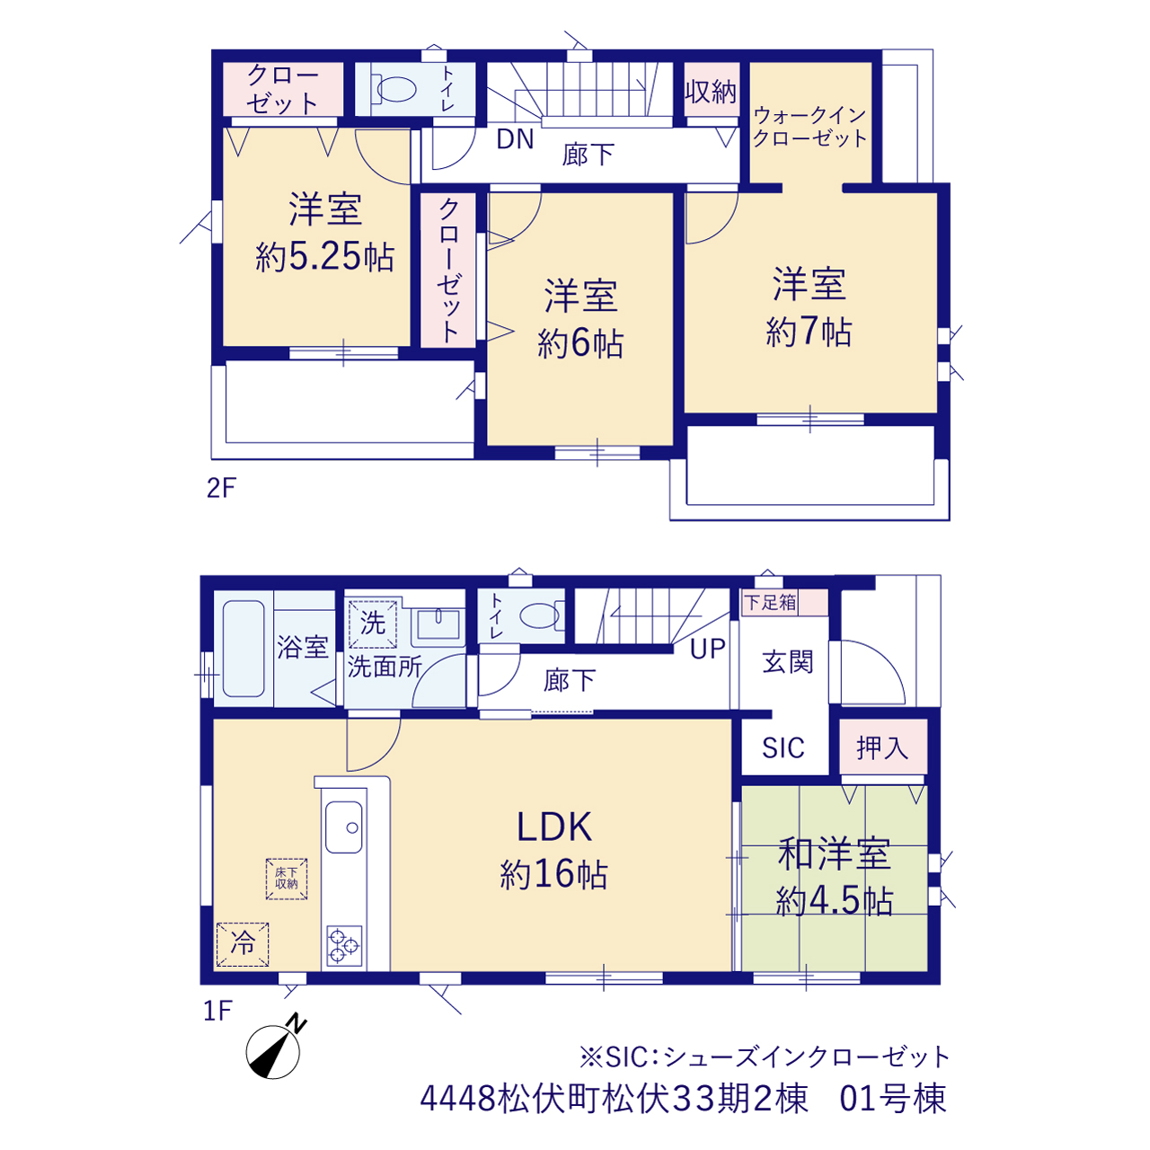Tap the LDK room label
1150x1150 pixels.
click(553, 827)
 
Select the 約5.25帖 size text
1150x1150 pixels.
click(324, 257)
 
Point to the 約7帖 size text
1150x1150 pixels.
click(809, 332)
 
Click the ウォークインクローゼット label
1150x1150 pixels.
click(809, 127)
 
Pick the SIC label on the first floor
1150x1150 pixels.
click(783, 747)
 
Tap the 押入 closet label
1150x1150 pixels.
click(882, 747)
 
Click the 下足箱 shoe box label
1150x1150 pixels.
click(770, 602)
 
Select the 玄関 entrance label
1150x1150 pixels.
click(788, 662)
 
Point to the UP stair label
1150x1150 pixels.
click(708, 650)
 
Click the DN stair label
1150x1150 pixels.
click(515, 139)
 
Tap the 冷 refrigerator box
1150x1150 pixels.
click(243, 944)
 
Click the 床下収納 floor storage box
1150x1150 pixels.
click(287, 879)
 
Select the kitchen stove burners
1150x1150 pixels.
click(344, 945)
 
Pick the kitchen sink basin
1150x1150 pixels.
click(344, 827)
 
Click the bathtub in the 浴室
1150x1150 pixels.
click(243, 649)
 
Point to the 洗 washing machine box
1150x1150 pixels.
click(372, 624)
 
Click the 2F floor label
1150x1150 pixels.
click(221, 488)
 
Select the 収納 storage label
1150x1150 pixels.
click(711, 92)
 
